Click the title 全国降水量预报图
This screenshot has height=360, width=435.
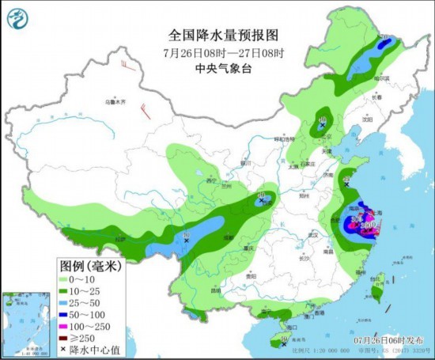217,36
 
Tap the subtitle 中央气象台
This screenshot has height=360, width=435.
217,67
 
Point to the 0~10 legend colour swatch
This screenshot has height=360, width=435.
68,279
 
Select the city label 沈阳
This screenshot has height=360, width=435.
365,121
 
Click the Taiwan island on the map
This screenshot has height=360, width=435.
377,294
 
